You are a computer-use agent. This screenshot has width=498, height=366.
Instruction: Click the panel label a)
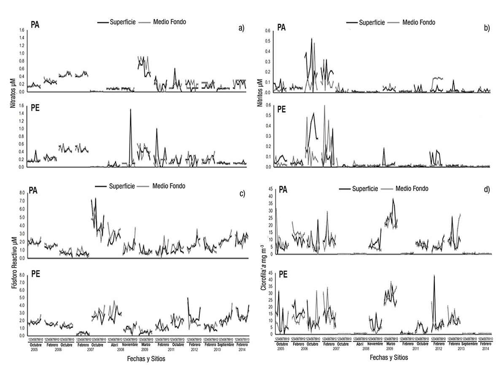click(241, 29)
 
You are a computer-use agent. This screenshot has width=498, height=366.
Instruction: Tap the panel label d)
click(486, 190)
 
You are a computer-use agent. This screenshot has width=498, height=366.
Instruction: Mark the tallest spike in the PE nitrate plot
click(130, 109)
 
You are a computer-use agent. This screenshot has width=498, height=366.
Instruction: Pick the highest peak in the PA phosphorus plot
click(95, 198)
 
